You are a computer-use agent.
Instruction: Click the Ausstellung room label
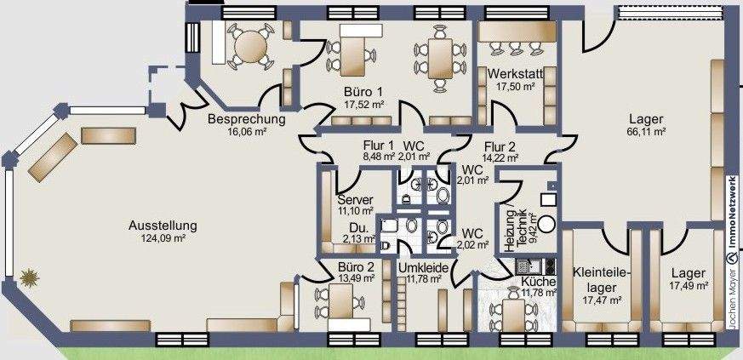163,226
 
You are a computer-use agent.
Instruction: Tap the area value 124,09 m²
163,239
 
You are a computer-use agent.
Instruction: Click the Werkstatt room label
516,74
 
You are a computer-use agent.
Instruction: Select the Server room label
356,198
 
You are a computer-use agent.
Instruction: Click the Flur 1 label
379,145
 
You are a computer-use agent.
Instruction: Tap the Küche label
539,282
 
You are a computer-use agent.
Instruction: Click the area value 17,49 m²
688,287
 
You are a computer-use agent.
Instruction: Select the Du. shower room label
358,227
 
